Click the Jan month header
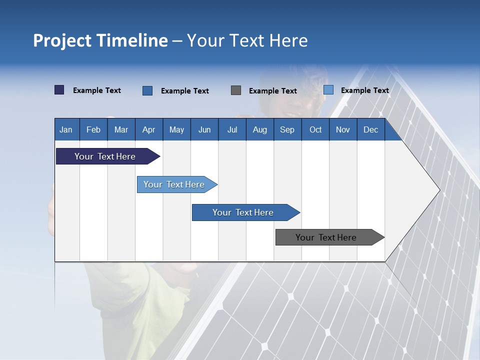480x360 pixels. (66, 129)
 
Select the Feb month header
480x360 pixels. (93, 129)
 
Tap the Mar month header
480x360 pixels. (121, 129)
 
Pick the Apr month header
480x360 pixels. (149, 129)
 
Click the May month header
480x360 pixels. (176, 129)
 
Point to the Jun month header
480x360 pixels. (204, 129)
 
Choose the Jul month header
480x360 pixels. (232, 129)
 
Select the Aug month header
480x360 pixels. (260, 129)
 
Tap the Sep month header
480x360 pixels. (287, 129)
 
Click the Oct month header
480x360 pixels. (315, 129)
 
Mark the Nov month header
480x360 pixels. (343, 129)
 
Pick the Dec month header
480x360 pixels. (371, 129)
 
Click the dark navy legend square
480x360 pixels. (59, 90)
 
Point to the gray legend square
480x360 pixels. (236, 90)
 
